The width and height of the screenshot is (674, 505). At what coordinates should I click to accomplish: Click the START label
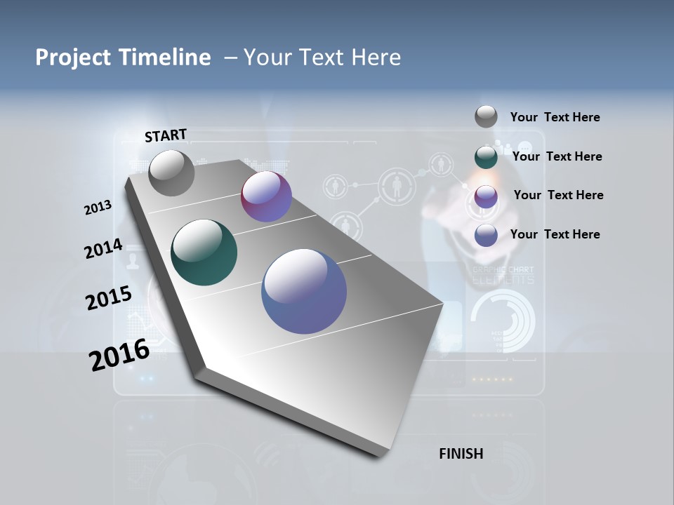[166, 135]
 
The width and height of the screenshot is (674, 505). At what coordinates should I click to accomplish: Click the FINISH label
[461, 454]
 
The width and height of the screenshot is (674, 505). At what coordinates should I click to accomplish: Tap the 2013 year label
[98, 208]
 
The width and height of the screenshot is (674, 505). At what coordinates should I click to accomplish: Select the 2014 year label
[103, 249]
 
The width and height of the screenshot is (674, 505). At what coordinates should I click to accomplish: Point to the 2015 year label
[109, 297]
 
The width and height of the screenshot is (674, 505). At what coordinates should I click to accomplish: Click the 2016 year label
[119, 354]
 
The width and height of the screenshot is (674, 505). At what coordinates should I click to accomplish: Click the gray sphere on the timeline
[171, 173]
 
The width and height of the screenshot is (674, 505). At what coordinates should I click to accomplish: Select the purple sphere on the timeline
[266, 196]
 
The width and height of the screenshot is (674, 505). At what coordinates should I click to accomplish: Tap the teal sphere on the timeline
[204, 252]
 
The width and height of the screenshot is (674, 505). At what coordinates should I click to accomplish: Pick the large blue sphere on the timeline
[304, 291]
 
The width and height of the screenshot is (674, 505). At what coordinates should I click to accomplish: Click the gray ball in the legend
[486, 116]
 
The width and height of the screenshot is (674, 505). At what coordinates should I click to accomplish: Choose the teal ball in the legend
[486, 157]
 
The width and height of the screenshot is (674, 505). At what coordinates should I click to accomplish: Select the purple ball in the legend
[486, 196]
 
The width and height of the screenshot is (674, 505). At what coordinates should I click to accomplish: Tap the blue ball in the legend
[486, 235]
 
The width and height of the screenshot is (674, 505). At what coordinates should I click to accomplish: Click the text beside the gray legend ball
[555, 117]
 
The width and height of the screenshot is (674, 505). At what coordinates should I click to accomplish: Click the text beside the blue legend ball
[555, 234]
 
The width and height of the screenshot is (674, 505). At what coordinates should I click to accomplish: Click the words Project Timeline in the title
[123, 58]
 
